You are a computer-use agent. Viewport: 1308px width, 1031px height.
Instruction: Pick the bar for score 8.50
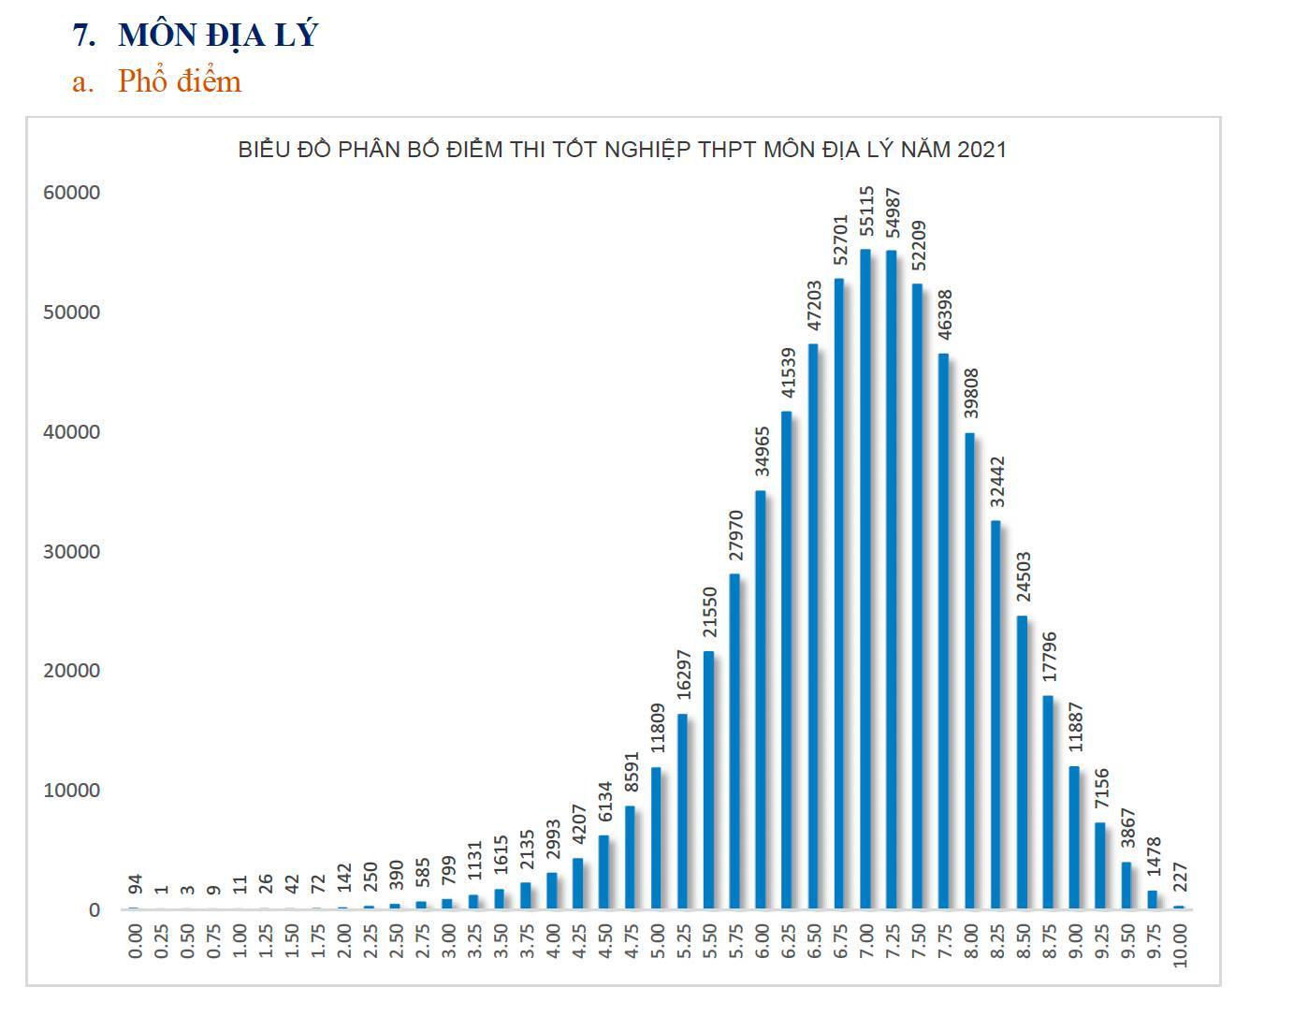[x=1022, y=762]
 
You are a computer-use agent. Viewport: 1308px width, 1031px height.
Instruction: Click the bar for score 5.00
[x=656, y=838]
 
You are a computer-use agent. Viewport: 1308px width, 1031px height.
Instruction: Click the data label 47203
[x=814, y=305]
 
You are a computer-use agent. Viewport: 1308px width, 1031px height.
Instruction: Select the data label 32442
[x=997, y=483]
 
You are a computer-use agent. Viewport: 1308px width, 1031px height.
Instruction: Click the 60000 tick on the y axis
[x=71, y=193]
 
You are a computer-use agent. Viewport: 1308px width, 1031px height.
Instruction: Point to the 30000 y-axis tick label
[x=71, y=552]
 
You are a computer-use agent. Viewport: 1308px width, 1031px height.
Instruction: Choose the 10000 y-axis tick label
[x=71, y=791]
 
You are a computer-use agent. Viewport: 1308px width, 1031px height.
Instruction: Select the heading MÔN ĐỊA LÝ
[x=218, y=35]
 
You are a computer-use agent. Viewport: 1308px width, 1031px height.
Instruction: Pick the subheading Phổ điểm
[x=179, y=81]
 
